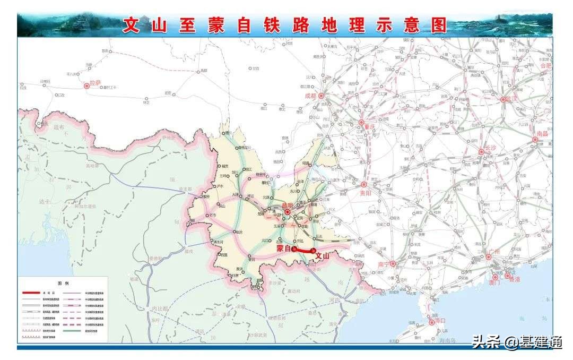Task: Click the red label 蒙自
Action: (x=284, y=248)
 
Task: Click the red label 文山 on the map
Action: (x=323, y=256)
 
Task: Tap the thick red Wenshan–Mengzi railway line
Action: (x=304, y=250)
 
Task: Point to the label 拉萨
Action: (x=95, y=83)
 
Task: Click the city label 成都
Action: (x=310, y=96)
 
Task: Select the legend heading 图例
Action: (x=63, y=284)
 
